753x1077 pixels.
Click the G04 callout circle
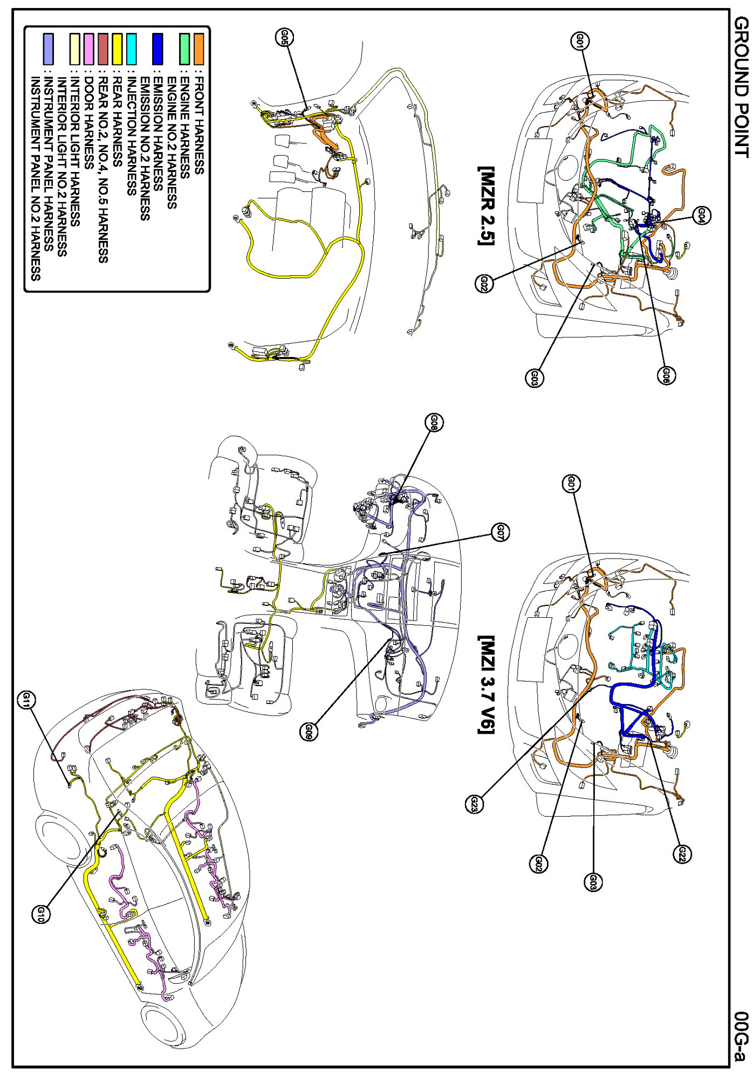(701, 216)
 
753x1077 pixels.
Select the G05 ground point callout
(285, 37)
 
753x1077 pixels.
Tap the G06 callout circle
(666, 375)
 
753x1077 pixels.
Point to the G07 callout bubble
(500, 533)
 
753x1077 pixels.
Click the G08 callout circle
(434, 423)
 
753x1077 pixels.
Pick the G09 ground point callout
(309, 731)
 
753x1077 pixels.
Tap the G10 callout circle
(41, 914)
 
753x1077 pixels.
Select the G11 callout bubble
(26, 700)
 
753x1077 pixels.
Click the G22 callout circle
(682, 854)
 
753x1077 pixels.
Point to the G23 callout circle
(474, 804)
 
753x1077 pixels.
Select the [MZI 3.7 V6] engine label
(487, 684)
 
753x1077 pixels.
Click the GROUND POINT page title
(741, 86)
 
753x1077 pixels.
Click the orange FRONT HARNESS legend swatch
(198, 49)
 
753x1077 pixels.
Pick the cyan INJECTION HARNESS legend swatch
(131, 49)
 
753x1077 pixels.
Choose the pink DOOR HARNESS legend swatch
(89, 49)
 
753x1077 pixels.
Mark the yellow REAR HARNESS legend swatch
(117, 49)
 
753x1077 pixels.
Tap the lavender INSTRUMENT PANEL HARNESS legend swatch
(48, 49)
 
